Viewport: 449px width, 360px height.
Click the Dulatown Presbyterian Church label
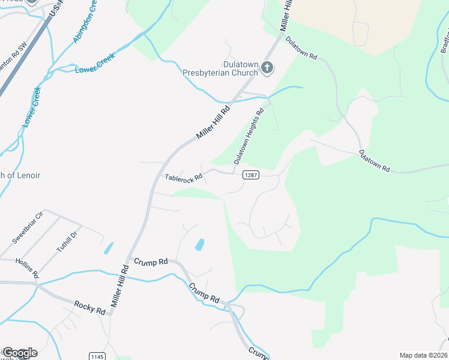point(220,68)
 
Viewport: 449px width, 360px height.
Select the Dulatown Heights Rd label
point(249,136)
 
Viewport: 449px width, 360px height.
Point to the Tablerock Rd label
point(183,178)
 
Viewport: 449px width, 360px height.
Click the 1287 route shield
point(251,175)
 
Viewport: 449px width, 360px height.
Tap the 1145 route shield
point(97,356)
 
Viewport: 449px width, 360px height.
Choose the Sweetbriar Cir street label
point(28,227)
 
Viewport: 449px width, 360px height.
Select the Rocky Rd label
point(90,307)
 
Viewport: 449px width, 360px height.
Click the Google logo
point(19,353)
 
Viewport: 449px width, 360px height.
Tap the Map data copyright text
point(423,355)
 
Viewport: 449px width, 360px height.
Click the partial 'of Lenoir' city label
point(20,175)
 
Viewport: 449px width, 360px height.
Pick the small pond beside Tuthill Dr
point(108,248)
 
